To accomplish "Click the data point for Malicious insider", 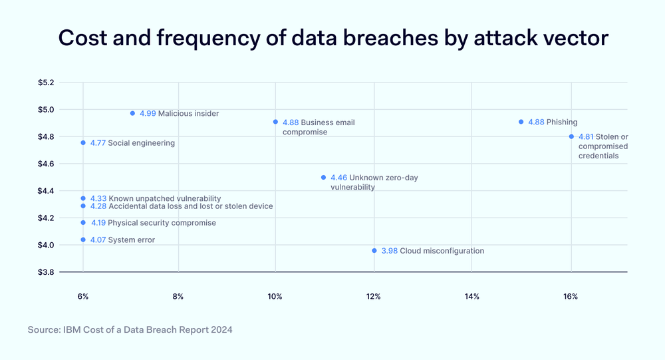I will pos(132,113).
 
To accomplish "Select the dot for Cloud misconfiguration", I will pos(374,251).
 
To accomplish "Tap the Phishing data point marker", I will pos(521,122).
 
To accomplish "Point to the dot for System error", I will pos(83,240).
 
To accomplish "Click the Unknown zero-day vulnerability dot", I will pos(323,178).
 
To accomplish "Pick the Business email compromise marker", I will pos(275,122).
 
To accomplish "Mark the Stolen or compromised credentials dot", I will pos(571,136).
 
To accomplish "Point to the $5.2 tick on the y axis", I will pos(47,83).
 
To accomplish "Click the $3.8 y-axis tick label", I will pos(47,272).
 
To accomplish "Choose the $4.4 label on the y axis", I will pos(47,191).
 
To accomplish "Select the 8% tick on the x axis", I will pos(178,296).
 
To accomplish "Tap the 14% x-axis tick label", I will pos(471,296).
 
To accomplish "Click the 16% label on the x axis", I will pos(570,296).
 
